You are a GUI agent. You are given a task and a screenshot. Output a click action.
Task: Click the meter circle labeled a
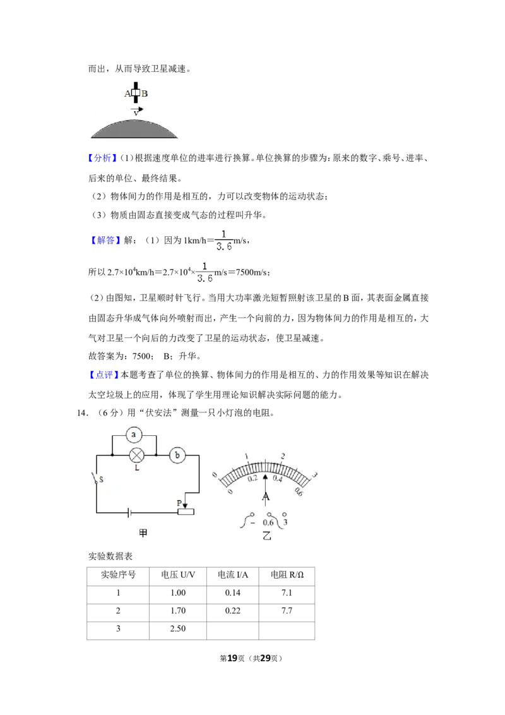click(134, 435)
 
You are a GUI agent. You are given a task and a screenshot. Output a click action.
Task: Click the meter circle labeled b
click(177, 455)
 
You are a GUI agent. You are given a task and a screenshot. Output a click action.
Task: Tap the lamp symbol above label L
click(137, 455)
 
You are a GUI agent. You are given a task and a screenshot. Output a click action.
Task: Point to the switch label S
click(101, 479)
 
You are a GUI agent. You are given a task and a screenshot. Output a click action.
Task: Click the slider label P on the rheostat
click(179, 503)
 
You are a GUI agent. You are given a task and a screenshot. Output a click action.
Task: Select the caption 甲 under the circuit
click(143, 532)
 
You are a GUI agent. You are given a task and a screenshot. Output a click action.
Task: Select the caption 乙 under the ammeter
click(266, 536)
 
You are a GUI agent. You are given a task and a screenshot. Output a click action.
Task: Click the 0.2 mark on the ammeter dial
click(252, 478)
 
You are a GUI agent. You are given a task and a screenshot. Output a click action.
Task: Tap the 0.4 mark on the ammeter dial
click(277, 478)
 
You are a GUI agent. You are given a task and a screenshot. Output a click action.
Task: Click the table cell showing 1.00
click(178, 593)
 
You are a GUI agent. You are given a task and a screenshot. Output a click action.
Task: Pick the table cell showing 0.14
click(232, 593)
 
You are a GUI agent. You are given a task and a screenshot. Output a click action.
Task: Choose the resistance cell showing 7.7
click(287, 611)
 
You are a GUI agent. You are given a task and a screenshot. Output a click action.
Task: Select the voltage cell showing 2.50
click(178, 628)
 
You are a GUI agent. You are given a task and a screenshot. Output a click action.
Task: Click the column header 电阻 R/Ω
click(287, 575)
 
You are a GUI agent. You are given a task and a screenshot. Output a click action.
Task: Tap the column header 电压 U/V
click(178, 575)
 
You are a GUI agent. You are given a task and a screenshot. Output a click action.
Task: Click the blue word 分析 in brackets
click(102, 159)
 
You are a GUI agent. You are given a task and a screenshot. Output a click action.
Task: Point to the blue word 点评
click(104, 375)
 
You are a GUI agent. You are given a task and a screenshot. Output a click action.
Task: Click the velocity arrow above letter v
click(137, 109)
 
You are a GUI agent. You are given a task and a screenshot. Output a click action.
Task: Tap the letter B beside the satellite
click(145, 94)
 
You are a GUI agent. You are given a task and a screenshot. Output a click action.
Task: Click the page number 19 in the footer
click(232, 658)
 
